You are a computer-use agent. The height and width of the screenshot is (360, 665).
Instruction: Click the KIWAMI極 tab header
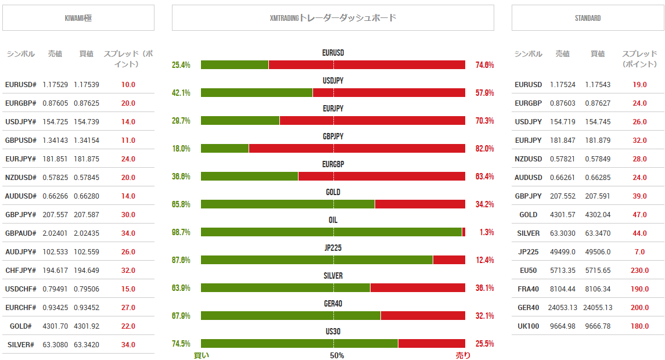click(78, 18)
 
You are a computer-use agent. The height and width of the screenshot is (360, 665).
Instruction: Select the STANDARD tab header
click(587, 18)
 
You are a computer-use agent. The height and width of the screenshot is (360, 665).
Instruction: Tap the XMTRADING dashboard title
click(333, 18)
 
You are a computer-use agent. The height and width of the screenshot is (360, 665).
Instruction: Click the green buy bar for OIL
click(331, 232)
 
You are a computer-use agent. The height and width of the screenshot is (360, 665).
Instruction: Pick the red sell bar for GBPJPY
click(357, 149)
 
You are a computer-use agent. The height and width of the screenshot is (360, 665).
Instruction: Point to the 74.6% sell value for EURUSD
click(484, 65)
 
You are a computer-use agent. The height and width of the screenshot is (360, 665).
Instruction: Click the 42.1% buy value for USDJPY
click(181, 93)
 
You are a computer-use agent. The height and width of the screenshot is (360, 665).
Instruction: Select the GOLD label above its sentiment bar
click(333, 192)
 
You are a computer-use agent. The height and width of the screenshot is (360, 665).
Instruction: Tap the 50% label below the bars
click(337, 355)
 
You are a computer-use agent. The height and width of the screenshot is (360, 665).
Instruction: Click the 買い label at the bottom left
click(201, 355)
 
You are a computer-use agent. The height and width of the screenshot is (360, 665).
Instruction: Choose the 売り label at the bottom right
click(463, 355)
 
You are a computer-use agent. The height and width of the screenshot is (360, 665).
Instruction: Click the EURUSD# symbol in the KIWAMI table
click(21, 85)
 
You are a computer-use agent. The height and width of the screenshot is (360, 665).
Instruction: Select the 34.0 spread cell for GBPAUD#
click(128, 233)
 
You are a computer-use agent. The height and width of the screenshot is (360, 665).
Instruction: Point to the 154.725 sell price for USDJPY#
click(55, 122)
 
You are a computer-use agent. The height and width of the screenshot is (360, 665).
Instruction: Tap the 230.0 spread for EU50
click(639, 271)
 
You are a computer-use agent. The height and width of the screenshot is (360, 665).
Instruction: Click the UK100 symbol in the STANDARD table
click(528, 326)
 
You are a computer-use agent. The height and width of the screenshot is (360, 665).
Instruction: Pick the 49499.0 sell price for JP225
click(562, 252)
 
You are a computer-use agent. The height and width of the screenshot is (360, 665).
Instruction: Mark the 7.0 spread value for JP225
click(639, 252)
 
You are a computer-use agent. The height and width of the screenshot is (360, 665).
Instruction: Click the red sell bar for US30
click(431, 344)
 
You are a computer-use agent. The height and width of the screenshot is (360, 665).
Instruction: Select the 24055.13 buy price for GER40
click(597, 308)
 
